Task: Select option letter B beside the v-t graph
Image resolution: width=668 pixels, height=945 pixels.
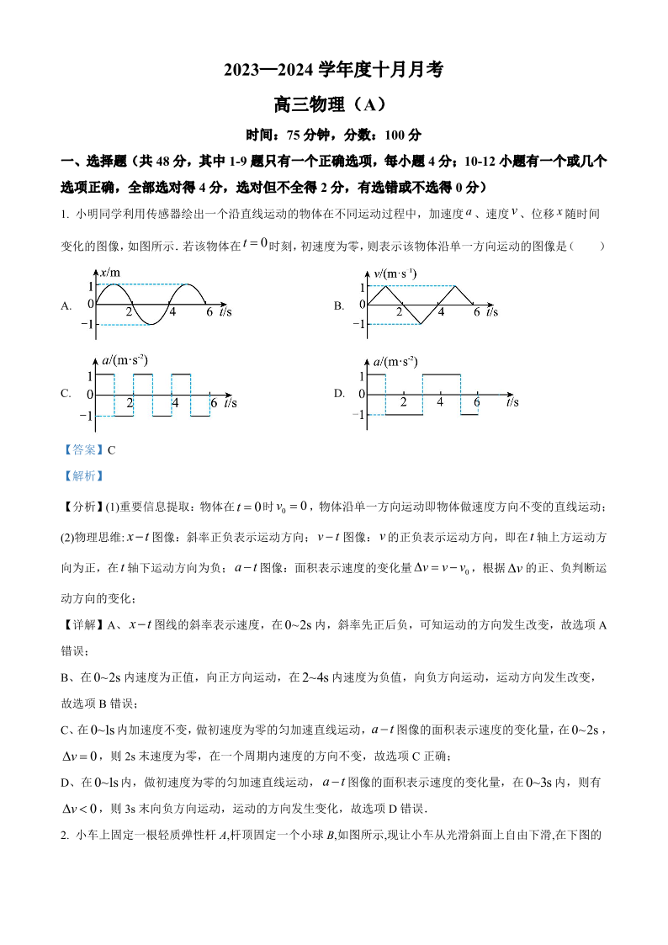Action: [x=338, y=305]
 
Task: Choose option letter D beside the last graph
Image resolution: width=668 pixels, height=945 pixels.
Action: [x=338, y=393]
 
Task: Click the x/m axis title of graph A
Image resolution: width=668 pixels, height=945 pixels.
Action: [x=110, y=273]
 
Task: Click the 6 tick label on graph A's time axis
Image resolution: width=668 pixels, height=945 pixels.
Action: [x=209, y=312]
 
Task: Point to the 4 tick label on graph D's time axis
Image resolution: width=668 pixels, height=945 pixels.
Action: [x=439, y=402]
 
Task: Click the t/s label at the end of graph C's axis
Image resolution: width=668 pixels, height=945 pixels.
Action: [x=229, y=403]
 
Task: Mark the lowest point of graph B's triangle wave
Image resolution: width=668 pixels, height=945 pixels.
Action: [x=421, y=323]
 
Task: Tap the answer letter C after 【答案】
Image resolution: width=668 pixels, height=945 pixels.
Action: [x=111, y=449]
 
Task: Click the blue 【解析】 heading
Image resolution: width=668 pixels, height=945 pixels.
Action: [x=82, y=475]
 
